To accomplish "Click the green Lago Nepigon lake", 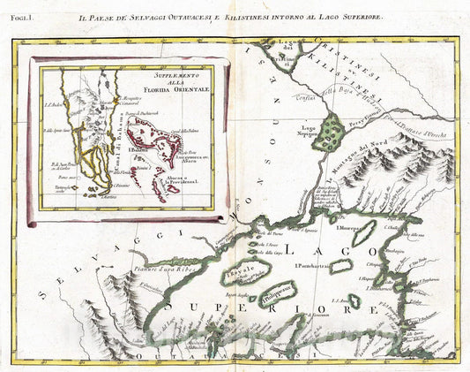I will (x=330, y=131).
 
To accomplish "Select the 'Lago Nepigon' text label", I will (x=306, y=131).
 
